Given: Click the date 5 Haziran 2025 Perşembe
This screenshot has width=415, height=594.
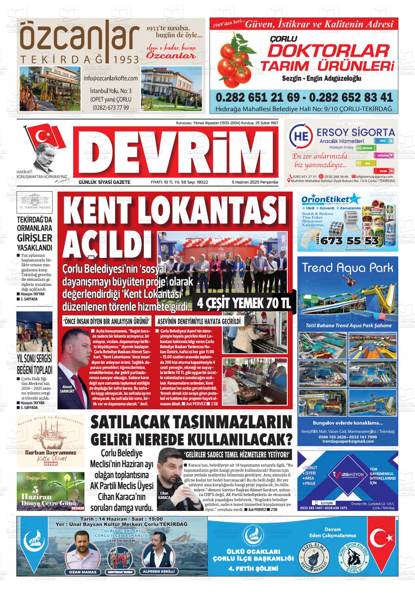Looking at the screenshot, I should pyautogui.click(x=255, y=182).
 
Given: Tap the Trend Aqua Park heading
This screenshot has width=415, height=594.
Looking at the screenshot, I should pyautogui.click(x=348, y=268).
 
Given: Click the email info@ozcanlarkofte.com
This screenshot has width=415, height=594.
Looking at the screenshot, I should pyautogui.click(x=111, y=78).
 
